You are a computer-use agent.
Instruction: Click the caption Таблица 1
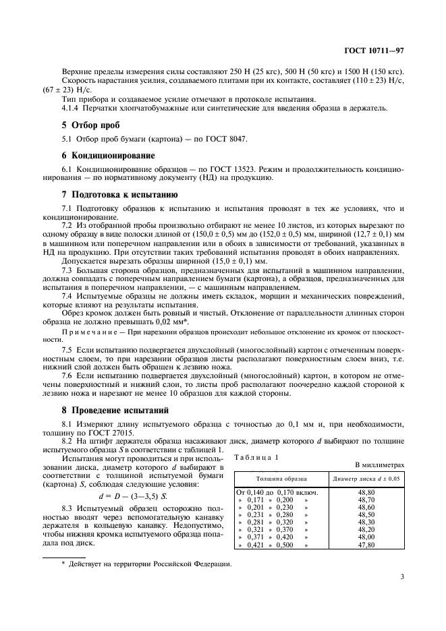point(256,457)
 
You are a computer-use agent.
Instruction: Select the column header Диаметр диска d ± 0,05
point(365,479)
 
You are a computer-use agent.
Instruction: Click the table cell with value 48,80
point(365,491)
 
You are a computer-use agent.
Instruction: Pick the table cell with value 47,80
point(365,543)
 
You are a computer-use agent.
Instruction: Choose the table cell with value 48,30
point(365,521)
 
